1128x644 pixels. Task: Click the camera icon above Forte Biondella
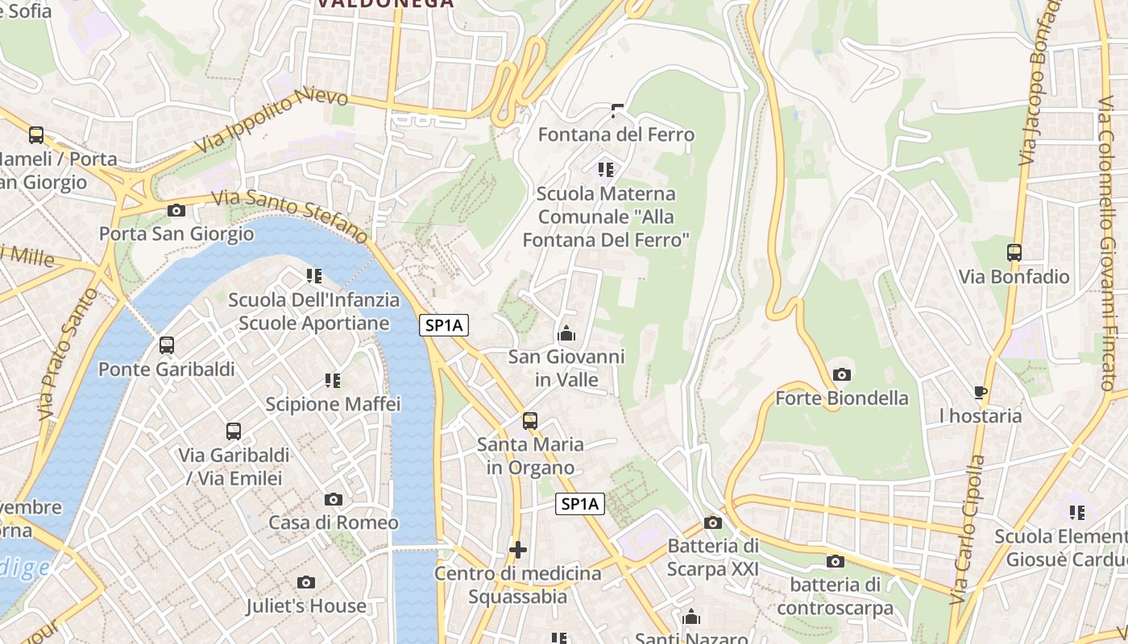pyautogui.click(x=842, y=374)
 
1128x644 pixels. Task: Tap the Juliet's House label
pyautogui.click(x=306, y=605)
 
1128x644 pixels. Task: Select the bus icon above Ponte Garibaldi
pyautogui.click(x=167, y=345)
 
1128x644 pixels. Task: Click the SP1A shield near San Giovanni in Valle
pyautogui.click(x=444, y=325)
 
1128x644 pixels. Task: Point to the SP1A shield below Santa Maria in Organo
pyautogui.click(x=580, y=504)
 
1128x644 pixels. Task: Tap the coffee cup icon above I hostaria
pyautogui.click(x=981, y=392)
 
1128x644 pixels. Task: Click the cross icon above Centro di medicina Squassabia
pyautogui.click(x=518, y=550)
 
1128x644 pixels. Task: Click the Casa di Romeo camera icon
pyautogui.click(x=333, y=499)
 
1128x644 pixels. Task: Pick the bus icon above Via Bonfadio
pyautogui.click(x=1014, y=252)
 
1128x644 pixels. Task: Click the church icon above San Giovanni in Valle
pyautogui.click(x=566, y=332)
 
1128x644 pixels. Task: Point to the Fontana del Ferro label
pyautogui.click(x=616, y=134)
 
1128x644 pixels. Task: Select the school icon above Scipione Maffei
pyautogui.click(x=333, y=380)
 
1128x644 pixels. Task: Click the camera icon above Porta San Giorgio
pyautogui.click(x=176, y=210)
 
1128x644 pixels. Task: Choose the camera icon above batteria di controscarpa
pyautogui.click(x=836, y=561)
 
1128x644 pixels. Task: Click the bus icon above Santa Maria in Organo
pyautogui.click(x=530, y=420)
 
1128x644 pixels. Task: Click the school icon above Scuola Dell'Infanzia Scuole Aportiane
pyautogui.click(x=314, y=276)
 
